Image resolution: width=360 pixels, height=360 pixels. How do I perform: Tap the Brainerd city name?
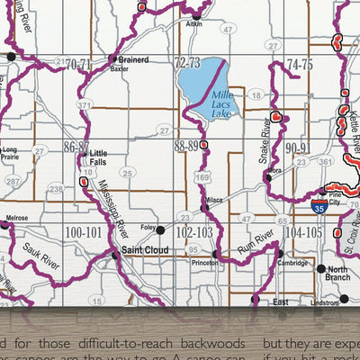pyautogui.click(x=130, y=59)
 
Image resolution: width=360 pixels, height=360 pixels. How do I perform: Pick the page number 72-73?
pyautogui.click(x=187, y=63)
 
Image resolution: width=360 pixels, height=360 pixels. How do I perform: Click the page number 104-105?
pyautogui.click(x=303, y=231)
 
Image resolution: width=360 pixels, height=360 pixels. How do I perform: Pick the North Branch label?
pyautogui.click(x=338, y=274)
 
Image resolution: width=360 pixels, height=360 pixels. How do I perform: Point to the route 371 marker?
pyautogui.click(x=85, y=105)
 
